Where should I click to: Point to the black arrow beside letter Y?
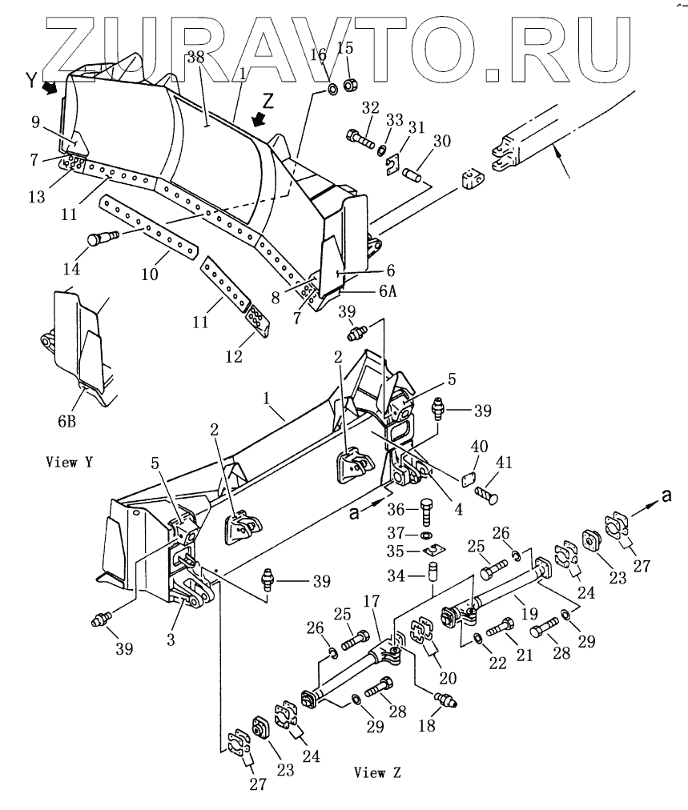(x=50, y=88)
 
